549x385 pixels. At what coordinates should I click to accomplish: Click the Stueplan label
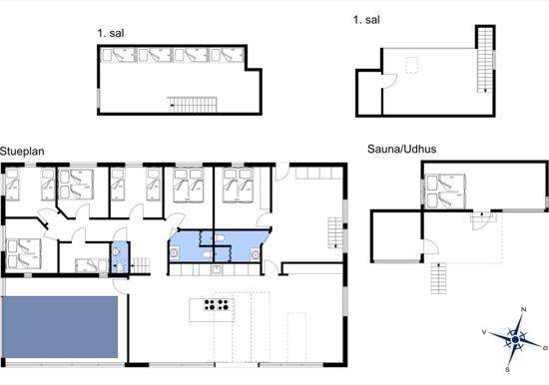point(22,152)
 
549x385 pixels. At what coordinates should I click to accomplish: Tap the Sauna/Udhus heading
point(401,149)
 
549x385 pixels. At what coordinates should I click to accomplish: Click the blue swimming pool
point(60,327)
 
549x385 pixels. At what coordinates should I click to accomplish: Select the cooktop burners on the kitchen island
point(217,304)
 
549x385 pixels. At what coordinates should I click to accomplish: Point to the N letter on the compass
point(524,309)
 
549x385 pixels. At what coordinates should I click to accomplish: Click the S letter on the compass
point(507,370)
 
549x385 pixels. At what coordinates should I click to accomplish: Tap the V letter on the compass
point(484,332)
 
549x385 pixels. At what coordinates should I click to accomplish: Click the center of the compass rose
point(515,339)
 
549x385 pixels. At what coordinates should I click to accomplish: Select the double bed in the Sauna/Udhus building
point(445,192)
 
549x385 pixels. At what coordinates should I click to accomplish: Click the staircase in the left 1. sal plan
point(192,105)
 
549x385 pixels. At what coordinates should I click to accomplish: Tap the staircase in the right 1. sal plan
point(485,60)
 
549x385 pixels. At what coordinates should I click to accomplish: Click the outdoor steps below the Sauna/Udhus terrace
point(438,278)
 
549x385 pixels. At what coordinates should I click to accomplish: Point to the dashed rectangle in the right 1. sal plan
point(412,65)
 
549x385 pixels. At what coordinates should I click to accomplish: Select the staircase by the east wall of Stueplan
point(335,232)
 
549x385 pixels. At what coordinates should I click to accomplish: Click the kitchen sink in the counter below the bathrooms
point(217,270)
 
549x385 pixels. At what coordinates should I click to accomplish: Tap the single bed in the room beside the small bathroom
point(92,265)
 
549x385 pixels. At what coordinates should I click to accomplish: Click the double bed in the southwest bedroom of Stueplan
point(24,254)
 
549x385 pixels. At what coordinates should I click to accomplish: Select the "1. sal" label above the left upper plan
point(111,33)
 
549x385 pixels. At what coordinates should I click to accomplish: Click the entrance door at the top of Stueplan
point(282,172)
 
